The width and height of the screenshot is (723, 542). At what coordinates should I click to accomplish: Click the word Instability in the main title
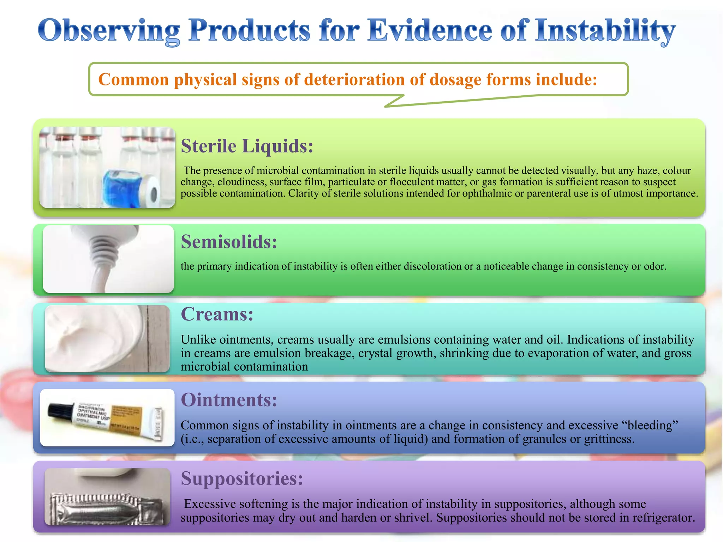point(604,31)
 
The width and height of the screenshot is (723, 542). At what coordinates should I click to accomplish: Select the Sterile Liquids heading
point(247,146)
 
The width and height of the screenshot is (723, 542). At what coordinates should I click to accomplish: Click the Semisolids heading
point(229,242)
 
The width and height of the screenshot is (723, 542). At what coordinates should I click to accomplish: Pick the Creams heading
point(217,314)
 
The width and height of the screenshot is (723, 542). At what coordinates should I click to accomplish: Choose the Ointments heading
point(229,400)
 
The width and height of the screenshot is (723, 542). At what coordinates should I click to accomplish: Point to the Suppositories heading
point(242,479)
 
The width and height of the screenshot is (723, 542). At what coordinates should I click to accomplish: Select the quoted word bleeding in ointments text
point(652,425)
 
